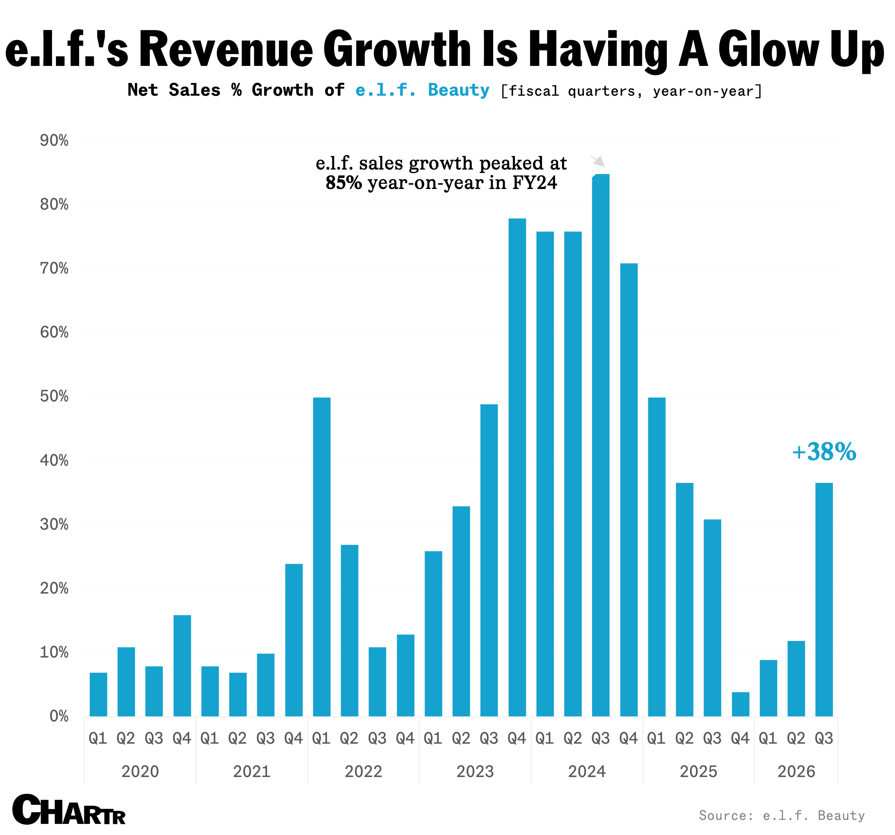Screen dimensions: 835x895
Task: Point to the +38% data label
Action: tap(824, 452)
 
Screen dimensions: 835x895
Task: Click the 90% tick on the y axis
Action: tap(54, 141)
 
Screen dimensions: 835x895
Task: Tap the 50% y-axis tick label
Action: tap(54, 396)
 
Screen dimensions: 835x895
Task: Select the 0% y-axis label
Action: tap(58, 716)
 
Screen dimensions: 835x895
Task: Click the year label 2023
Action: tap(475, 771)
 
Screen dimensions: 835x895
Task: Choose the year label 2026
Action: tap(796, 771)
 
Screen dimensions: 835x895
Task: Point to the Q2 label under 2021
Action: tap(237, 738)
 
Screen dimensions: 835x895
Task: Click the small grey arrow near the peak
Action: tap(598, 161)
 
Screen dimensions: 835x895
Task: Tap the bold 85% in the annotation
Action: tap(343, 183)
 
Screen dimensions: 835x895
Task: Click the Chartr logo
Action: tap(68, 810)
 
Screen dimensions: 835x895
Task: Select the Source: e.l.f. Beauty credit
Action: tap(782, 816)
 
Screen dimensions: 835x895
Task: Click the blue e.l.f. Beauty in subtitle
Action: tap(422, 90)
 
